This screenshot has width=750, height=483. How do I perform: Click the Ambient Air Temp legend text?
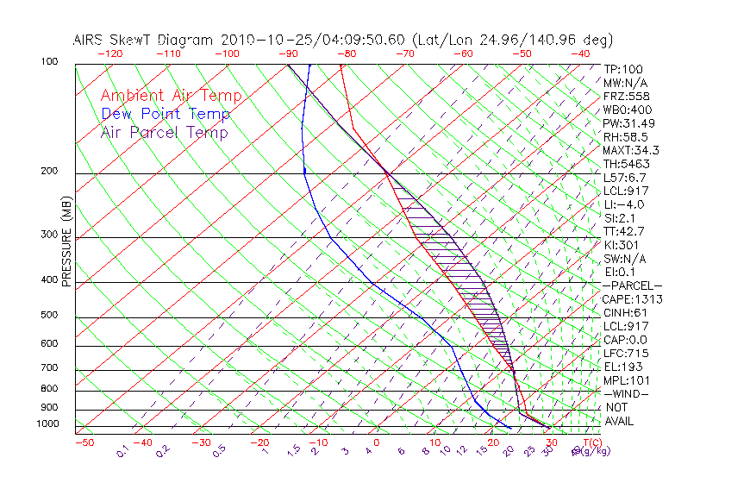coord(171,96)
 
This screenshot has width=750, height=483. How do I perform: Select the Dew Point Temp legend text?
coord(166,114)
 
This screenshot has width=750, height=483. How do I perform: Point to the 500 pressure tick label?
coord(49,316)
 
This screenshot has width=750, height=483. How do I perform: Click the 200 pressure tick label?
coord(49,172)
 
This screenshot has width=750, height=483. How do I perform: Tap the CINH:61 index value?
coord(627,312)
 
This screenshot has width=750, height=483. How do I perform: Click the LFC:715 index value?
coord(626,353)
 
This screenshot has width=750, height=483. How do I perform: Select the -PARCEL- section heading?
coord(633,285)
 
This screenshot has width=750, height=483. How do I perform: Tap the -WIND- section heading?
coord(626,393)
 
